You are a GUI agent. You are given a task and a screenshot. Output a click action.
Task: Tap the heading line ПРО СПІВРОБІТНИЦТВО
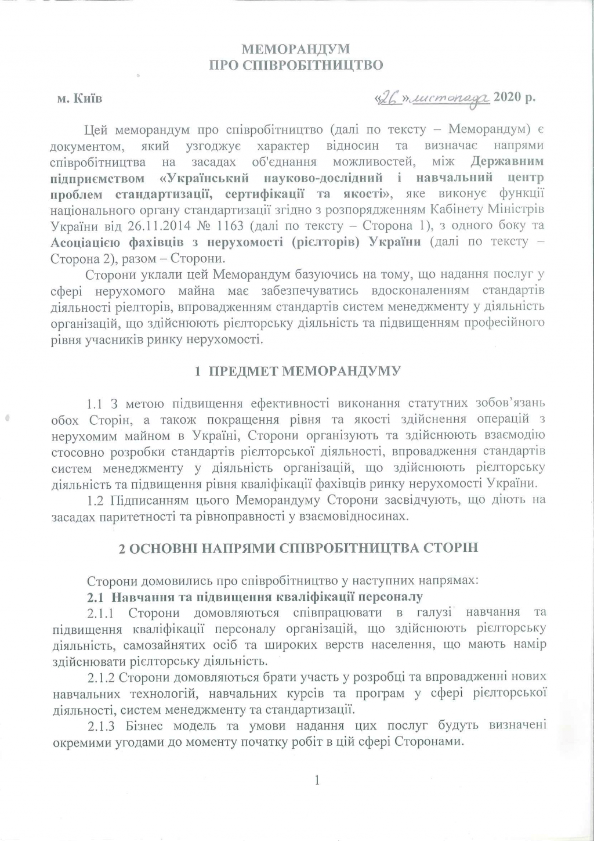coord(296,65)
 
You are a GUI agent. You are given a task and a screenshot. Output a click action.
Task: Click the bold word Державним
coord(507,160)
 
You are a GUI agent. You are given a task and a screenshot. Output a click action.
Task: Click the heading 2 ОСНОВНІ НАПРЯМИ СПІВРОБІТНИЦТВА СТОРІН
coord(298,548)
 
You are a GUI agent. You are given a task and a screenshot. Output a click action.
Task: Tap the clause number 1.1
coord(95,403)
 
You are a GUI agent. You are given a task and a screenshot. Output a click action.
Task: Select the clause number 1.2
coord(95,500)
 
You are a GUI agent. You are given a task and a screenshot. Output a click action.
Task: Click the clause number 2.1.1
coord(103,613)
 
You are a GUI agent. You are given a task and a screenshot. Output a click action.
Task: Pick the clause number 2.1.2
coord(103,677)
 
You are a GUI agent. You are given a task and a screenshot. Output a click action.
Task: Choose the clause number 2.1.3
coord(103,726)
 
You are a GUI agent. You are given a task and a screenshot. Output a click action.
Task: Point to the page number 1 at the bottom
coord(317,780)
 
